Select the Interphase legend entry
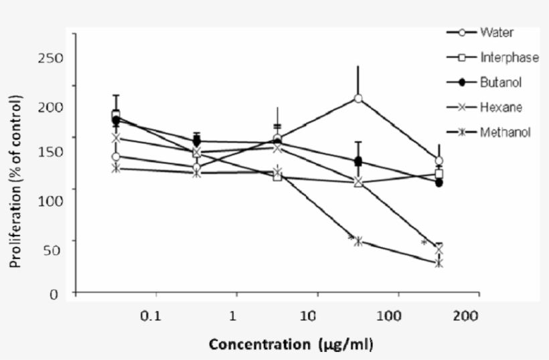tap(509, 58)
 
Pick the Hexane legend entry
tap(500, 107)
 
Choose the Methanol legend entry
tap(505, 132)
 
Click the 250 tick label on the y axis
tap(51, 58)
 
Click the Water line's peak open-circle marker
tap(358, 98)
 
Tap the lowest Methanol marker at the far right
tap(439, 263)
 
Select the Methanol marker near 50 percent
tap(358, 241)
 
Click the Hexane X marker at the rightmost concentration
tap(439, 250)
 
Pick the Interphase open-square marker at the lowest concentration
tap(116, 115)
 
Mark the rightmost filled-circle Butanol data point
tap(439, 183)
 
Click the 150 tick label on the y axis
tap(51, 152)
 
